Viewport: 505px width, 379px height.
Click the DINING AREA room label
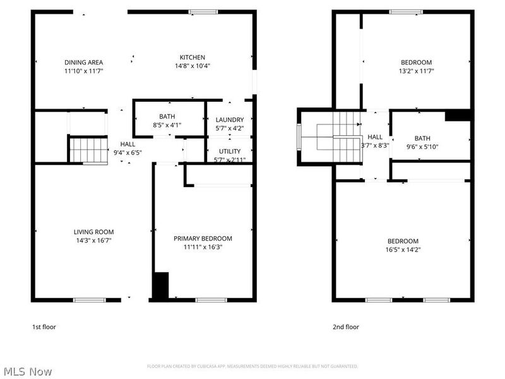pos(83,62)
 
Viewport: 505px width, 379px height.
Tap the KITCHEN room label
pos(192,57)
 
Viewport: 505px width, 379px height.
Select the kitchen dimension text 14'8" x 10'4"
pos(192,66)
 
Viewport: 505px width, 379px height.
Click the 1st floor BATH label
pos(167,116)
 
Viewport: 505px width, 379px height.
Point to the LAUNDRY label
pos(229,120)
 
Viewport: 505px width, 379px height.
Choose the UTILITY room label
pos(229,151)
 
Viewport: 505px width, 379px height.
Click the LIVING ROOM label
pos(93,232)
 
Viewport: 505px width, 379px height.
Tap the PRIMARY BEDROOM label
pos(203,238)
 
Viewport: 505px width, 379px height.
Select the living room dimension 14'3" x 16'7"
pos(93,241)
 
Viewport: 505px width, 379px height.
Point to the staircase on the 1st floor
pos(88,150)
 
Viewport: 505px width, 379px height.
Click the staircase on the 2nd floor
pos(338,136)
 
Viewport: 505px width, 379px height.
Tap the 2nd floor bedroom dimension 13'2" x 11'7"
pos(417,71)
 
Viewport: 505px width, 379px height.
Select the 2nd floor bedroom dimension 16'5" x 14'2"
pos(403,250)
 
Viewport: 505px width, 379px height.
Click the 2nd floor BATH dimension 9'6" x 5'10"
pos(422,147)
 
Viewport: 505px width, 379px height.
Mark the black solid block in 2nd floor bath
pos(458,115)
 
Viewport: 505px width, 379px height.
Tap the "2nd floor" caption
pos(345,327)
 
